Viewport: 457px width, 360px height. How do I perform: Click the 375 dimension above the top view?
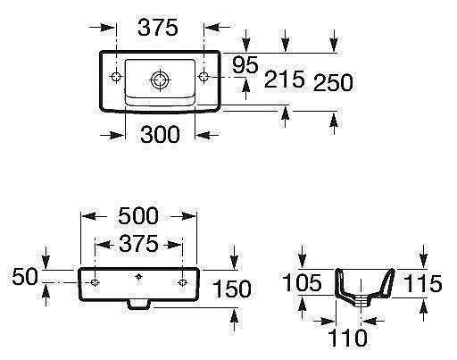tap(159, 29)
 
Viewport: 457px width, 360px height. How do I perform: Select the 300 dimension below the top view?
tap(161, 135)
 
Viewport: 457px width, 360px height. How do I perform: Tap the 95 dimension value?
tap(245, 65)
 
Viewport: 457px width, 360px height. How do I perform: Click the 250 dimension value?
tap(334, 82)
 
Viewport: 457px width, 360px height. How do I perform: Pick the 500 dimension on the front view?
tap(138, 215)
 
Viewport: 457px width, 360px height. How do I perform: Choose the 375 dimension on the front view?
tap(138, 243)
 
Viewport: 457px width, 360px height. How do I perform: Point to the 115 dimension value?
tap(422, 284)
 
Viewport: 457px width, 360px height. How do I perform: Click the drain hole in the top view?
tap(160, 80)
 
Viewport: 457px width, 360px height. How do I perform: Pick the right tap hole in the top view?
tap(204, 76)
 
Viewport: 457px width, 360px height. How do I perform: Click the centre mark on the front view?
tap(138, 276)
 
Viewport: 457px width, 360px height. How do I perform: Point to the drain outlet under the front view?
tap(138, 304)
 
